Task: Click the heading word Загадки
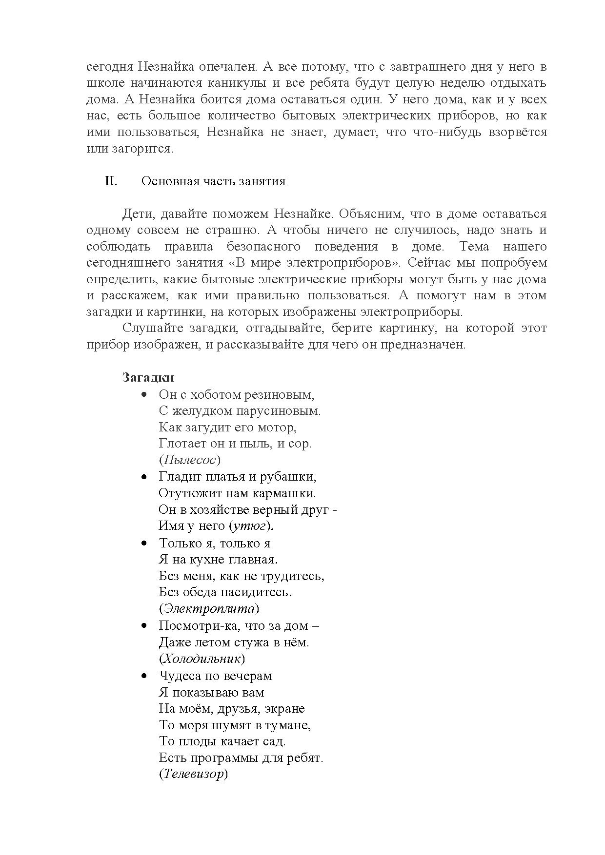click(x=148, y=378)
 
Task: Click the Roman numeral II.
click(x=111, y=181)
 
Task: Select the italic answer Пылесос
click(x=190, y=460)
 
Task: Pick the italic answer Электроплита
click(x=209, y=609)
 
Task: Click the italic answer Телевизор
click(x=193, y=775)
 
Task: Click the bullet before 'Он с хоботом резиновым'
click(x=144, y=394)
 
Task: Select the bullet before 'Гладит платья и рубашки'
click(x=144, y=477)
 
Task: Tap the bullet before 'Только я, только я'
click(x=144, y=543)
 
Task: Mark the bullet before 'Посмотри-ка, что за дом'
click(x=144, y=626)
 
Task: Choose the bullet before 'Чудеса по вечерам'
click(x=144, y=676)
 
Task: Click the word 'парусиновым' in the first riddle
click(x=278, y=411)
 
